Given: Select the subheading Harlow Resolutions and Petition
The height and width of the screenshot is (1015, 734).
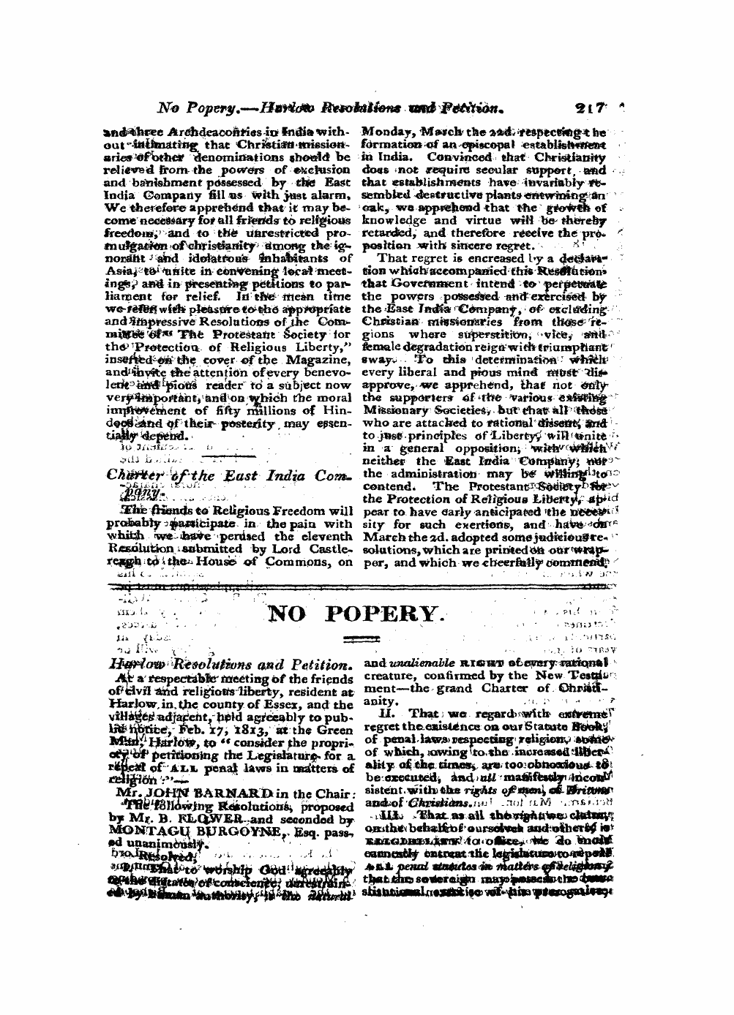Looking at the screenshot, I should (x=226, y=665).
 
